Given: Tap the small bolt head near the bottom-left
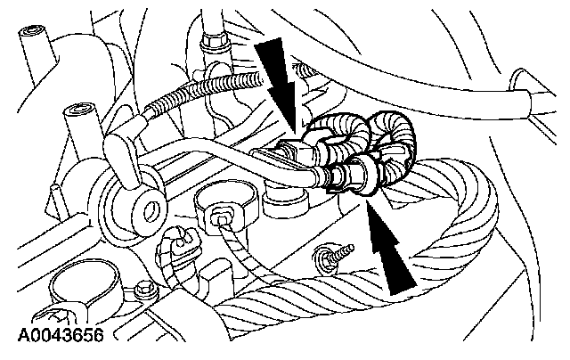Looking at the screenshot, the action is [142, 290].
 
